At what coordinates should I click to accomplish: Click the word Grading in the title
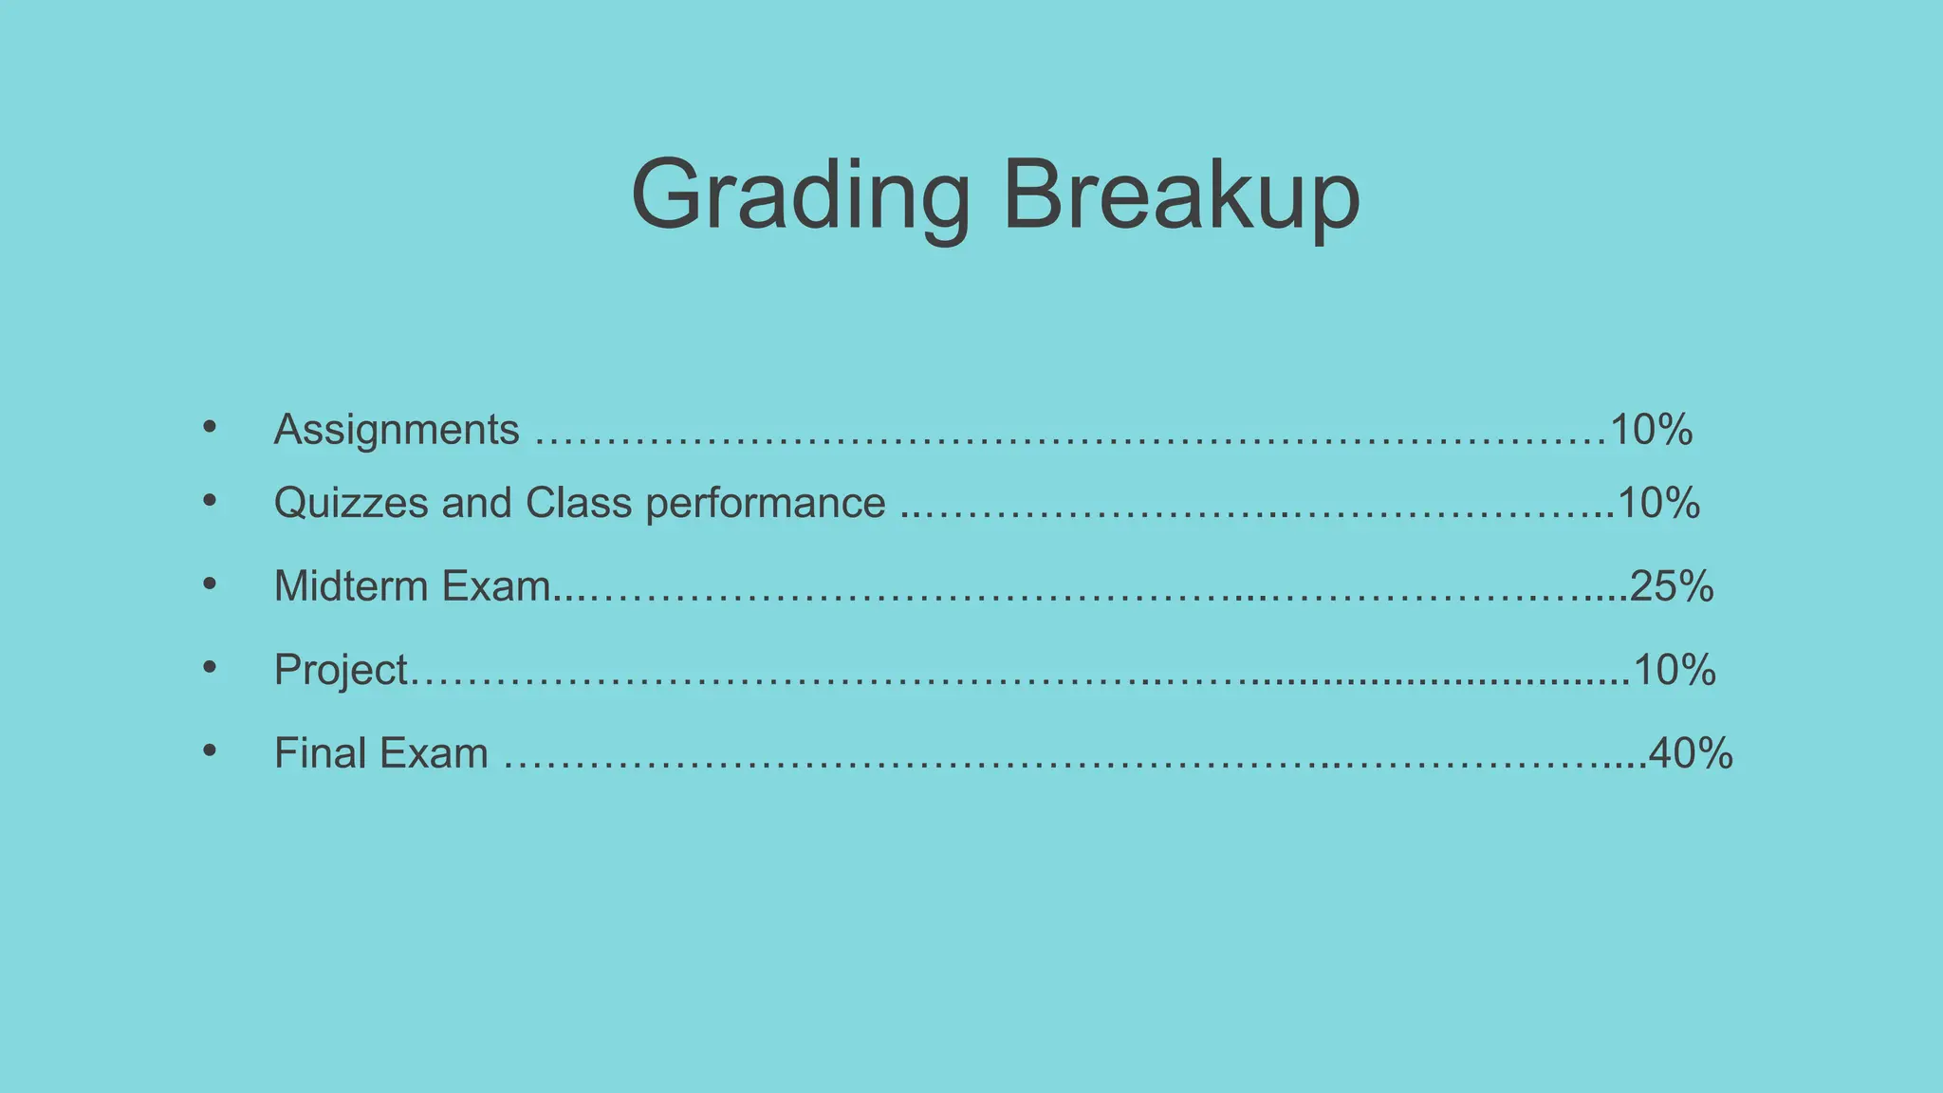click(x=800, y=195)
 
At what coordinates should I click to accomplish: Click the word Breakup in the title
click(x=1181, y=195)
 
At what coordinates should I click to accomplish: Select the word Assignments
click(x=397, y=430)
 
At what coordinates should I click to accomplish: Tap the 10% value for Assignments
click(x=1652, y=430)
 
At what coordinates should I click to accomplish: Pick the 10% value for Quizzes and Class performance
click(x=1659, y=503)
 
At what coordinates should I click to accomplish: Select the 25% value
click(x=1673, y=585)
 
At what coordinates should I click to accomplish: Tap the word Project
click(x=341, y=670)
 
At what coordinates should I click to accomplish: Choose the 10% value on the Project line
click(x=1675, y=670)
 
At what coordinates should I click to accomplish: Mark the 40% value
click(x=1692, y=753)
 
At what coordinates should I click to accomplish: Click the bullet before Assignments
click(x=210, y=427)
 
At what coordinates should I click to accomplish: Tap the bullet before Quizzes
click(x=210, y=500)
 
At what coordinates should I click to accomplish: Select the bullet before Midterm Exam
click(x=210, y=584)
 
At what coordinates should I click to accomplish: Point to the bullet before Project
click(x=210, y=667)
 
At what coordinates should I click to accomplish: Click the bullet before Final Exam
click(x=210, y=750)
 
